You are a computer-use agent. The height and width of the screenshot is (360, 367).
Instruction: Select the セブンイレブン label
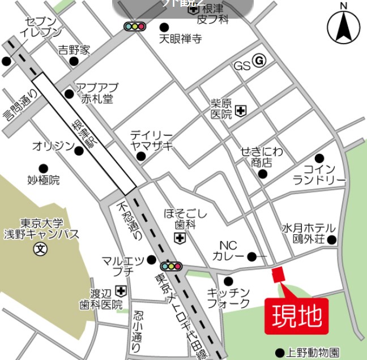click(40, 27)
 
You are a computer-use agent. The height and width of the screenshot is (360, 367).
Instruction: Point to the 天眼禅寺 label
click(180, 39)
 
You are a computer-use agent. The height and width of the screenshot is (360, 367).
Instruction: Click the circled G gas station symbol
click(259, 61)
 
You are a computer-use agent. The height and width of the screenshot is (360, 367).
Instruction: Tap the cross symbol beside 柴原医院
click(241, 110)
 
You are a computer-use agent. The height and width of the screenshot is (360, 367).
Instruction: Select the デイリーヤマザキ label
click(151, 140)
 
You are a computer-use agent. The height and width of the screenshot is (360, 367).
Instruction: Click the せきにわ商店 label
click(261, 157)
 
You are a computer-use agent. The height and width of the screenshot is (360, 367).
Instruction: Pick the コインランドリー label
click(319, 174)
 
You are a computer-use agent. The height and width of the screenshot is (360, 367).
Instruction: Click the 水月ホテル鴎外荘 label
click(309, 233)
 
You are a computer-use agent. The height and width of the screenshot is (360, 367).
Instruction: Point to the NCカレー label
click(228, 251)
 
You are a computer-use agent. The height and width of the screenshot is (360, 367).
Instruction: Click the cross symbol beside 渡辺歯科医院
click(121, 290)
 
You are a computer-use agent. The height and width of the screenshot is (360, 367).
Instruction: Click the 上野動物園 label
click(313, 352)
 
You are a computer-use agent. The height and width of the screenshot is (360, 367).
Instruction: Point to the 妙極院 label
click(43, 180)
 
